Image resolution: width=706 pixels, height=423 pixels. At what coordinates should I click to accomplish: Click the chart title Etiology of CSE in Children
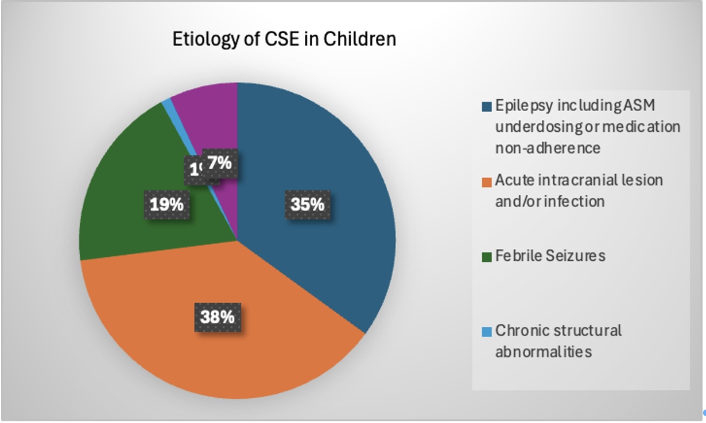click(284, 40)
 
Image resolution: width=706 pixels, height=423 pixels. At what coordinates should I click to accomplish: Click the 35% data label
click(308, 204)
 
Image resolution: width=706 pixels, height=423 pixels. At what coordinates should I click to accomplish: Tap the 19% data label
click(167, 204)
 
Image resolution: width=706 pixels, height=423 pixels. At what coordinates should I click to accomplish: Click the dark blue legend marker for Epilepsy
click(487, 107)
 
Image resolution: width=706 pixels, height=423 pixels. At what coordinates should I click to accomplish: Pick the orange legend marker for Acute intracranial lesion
click(487, 181)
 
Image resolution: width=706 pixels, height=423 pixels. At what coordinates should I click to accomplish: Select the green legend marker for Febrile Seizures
click(487, 256)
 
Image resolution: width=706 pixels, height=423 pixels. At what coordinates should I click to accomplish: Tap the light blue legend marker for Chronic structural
click(487, 331)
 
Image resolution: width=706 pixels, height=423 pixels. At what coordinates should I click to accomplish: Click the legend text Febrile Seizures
click(550, 256)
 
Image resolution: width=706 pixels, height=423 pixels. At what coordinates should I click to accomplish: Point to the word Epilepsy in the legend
click(521, 107)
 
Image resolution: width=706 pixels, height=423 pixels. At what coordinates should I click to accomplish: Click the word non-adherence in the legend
click(548, 148)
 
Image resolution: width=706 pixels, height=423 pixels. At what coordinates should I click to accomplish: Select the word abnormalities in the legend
click(543, 351)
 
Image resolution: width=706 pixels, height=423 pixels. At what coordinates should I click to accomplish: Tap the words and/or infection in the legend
click(549, 201)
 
